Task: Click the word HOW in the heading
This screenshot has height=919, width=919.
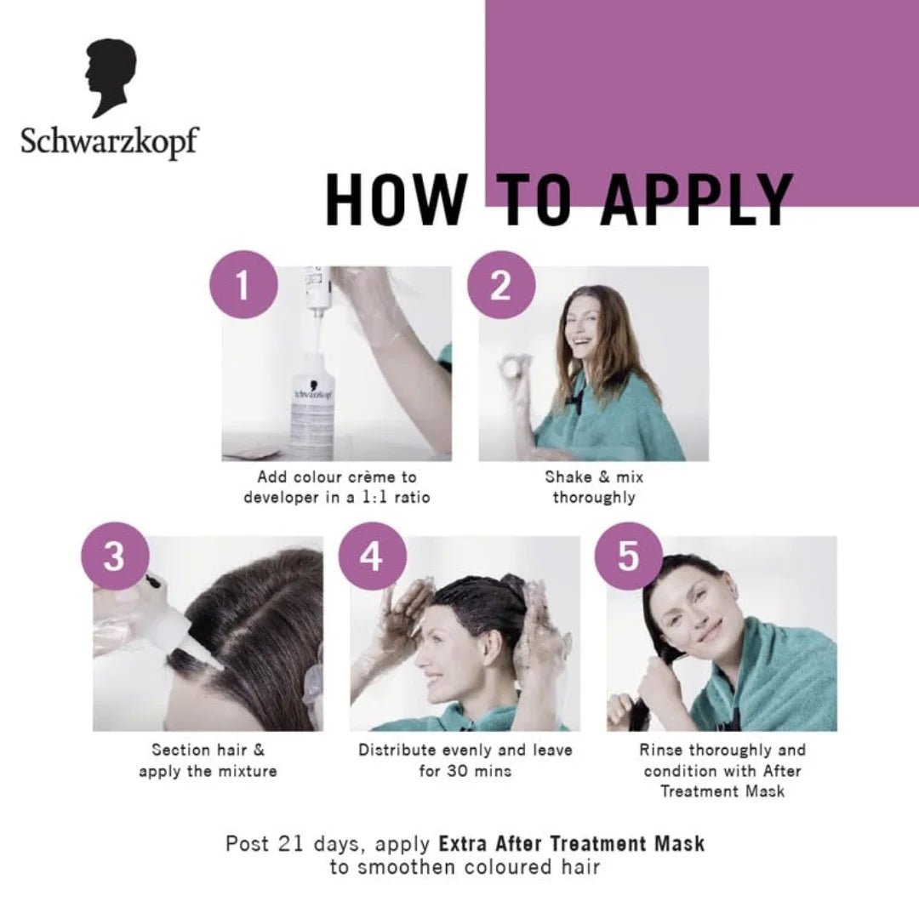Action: [396, 200]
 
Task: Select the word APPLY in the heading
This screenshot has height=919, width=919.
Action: [697, 200]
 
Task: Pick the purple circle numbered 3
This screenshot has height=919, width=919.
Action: [114, 557]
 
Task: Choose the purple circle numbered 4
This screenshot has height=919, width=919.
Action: [371, 557]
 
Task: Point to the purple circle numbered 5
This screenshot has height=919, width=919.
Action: [628, 557]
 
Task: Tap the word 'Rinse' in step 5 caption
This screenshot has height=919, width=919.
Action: [661, 750]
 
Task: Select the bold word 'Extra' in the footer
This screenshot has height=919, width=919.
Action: [463, 844]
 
